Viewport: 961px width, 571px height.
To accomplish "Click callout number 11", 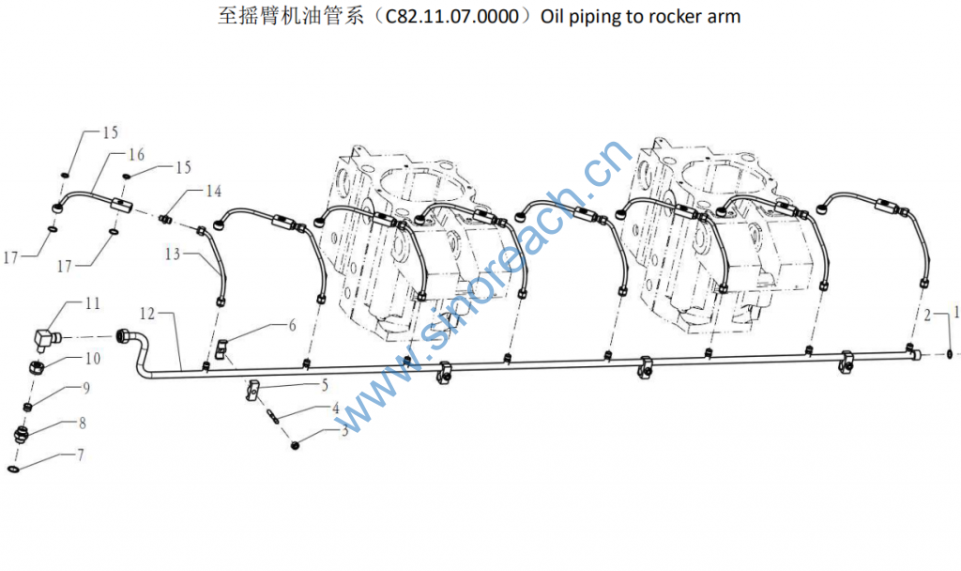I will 92,303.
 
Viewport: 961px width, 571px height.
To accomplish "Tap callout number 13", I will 172,254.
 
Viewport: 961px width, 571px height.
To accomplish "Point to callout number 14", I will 214,192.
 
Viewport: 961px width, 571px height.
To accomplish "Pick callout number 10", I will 92,358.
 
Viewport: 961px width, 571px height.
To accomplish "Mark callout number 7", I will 80,455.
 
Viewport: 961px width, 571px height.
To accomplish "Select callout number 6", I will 292,326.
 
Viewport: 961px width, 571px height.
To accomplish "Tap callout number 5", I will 324,384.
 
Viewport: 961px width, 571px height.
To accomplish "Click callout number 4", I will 335,408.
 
